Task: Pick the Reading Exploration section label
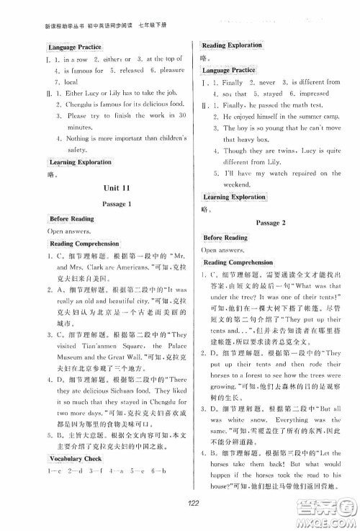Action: pyautogui.click(x=232, y=45)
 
